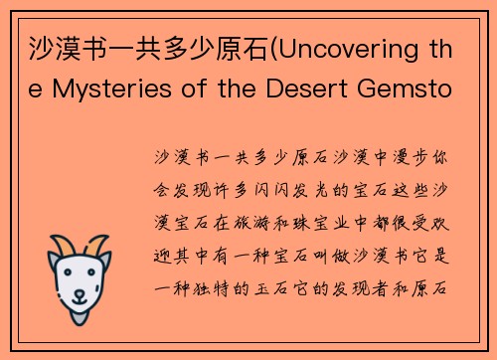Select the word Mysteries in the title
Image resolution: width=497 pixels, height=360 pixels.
(x=121, y=85)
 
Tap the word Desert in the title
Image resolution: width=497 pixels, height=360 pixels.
(x=338, y=85)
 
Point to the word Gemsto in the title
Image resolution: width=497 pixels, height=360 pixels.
(x=428, y=85)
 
